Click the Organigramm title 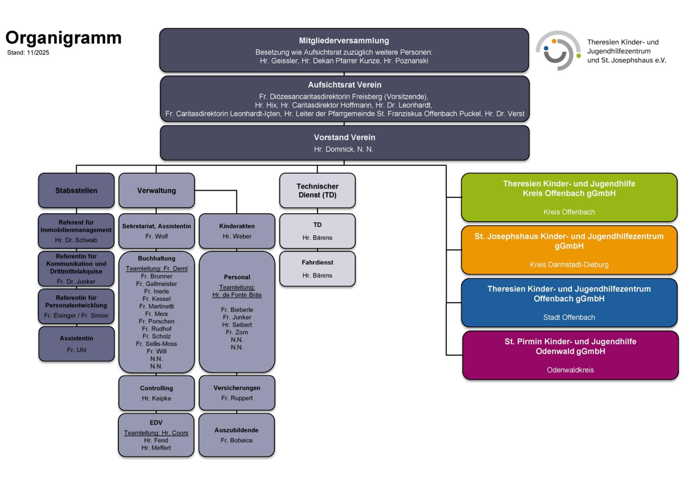point(63,38)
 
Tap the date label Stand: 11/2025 point(28,53)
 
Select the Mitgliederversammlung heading point(344,41)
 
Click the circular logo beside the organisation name point(558,51)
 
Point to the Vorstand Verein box point(344,143)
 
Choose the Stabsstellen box point(76,191)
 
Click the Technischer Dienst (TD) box point(317,191)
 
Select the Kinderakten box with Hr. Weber point(237,231)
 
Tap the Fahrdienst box point(317,269)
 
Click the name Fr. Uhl point(77,350)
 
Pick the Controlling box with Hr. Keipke point(156,393)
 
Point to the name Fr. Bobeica point(237,440)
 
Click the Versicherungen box point(237,392)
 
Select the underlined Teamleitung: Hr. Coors point(156,433)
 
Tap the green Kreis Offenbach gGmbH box point(569,197)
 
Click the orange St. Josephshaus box point(569,250)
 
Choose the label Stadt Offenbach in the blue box point(569,317)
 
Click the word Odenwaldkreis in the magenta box point(570,370)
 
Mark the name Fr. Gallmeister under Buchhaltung point(157,284)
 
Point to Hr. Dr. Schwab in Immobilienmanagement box point(76,240)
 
